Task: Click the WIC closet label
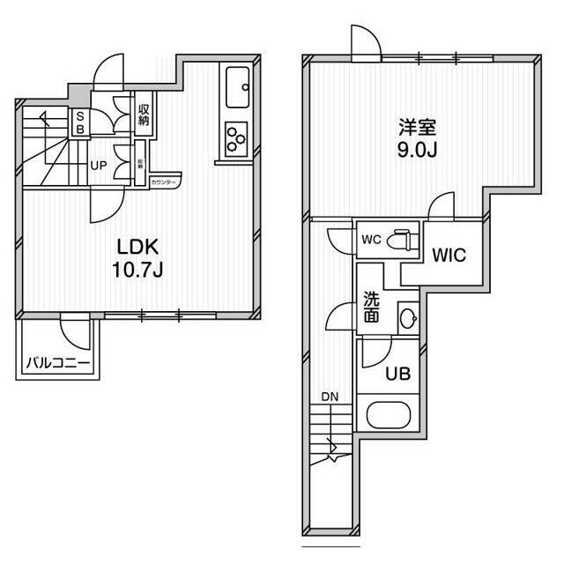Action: click(449, 256)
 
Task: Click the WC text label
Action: click(371, 239)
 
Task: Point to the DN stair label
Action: click(330, 397)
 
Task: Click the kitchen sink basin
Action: click(238, 86)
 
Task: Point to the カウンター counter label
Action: click(164, 182)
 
